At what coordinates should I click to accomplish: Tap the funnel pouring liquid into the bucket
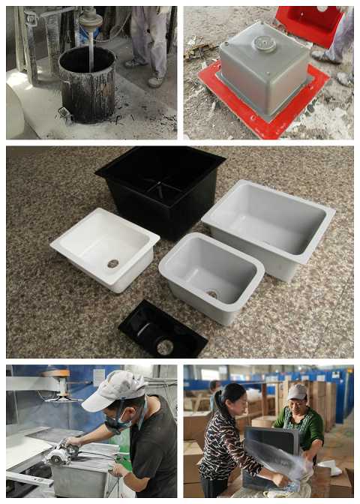pos(91,21)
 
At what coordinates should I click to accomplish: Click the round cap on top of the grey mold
pos(264,43)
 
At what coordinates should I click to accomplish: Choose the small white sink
pos(105,247)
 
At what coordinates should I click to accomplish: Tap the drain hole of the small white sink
pos(113,263)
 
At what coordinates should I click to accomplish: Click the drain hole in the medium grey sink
pos(213,294)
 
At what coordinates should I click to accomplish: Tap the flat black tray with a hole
pos(162,330)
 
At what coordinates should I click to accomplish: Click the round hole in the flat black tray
pos(165,346)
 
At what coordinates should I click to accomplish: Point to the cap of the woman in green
pos(298,391)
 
